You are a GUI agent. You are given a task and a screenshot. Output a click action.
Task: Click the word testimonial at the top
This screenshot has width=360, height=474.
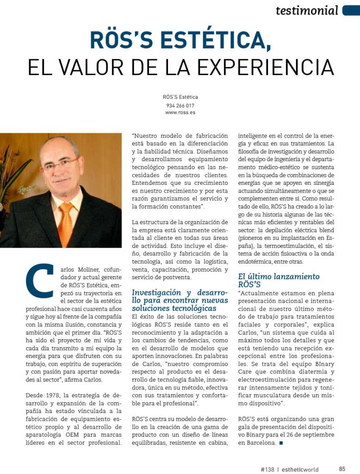[x=307, y=10]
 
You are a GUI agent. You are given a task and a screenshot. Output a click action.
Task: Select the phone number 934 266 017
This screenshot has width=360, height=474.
[x=180, y=105]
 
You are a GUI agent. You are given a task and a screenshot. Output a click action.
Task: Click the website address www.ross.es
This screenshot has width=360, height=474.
[x=180, y=112]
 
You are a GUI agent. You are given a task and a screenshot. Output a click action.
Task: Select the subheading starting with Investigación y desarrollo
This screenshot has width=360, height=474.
[x=180, y=300]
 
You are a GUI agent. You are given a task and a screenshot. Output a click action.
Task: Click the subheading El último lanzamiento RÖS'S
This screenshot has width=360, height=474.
[x=279, y=281]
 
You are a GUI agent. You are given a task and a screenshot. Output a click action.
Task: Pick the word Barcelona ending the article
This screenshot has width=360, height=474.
[x=259, y=443]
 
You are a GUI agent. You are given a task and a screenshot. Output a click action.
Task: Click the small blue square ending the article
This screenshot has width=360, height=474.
[x=281, y=443]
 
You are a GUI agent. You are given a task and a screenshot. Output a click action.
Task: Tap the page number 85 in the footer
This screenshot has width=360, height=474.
[x=342, y=469]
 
